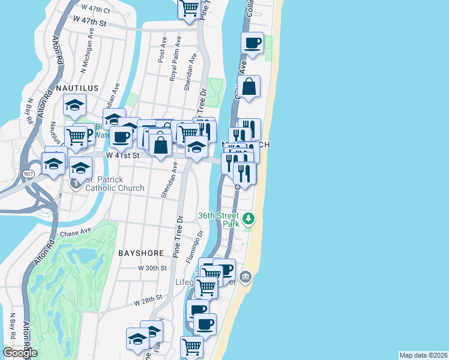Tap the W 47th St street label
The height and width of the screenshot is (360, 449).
[x=89, y=22]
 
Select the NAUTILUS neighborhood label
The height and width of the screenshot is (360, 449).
[x=77, y=88]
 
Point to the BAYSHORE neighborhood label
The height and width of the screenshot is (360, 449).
[x=141, y=254]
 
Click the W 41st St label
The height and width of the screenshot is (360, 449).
[x=122, y=155]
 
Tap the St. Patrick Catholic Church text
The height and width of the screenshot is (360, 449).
[x=115, y=184]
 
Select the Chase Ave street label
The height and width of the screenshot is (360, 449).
[x=76, y=231]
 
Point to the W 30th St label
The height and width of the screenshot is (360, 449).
[x=151, y=268]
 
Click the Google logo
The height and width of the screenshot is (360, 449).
[x=20, y=353]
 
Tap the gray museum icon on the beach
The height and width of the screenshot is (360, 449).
[x=246, y=277]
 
